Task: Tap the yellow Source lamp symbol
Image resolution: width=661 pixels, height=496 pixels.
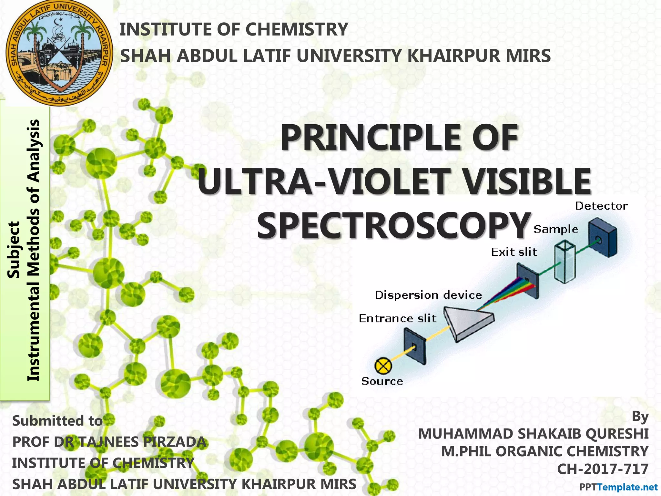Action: [383, 366]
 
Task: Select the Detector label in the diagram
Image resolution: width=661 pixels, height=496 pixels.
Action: [601, 206]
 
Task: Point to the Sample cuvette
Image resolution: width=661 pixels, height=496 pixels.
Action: [564, 263]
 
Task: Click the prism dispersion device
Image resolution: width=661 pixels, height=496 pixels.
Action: [468, 323]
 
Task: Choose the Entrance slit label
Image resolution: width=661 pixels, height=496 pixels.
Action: [398, 319]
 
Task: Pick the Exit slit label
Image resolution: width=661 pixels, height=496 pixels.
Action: [514, 252]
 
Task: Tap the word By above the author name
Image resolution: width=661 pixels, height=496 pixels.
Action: [640, 417]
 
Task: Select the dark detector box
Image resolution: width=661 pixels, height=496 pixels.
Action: [602, 237]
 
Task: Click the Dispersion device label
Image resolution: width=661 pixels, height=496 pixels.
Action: [428, 295]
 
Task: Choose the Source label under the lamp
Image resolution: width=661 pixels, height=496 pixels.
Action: [382, 381]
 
